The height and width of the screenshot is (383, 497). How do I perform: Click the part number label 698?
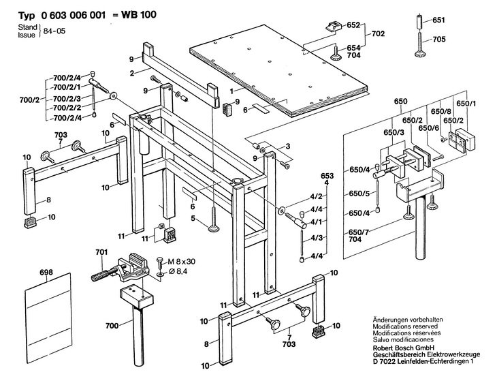click(46, 272)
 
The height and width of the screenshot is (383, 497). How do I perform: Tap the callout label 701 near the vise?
click(101, 252)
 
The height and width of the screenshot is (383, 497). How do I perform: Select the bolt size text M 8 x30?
click(181, 262)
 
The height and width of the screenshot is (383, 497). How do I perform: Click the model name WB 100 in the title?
click(138, 14)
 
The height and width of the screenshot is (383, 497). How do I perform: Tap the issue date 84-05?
click(54, 31)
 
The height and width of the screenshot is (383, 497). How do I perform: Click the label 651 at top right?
click(438, 20)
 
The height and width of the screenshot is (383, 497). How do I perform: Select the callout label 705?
click(439, 40)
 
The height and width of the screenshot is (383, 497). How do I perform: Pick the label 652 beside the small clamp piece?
click(353, 25)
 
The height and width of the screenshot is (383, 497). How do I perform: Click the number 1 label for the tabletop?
click(231, 91)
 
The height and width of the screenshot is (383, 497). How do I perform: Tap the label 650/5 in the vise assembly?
click(359, 194)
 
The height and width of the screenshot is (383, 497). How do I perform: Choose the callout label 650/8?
click(440, 111)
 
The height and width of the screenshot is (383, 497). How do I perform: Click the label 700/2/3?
click(67, 98)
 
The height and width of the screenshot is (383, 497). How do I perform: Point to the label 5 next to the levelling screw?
click(193, 219)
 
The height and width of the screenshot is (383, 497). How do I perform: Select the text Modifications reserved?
click(405, 326)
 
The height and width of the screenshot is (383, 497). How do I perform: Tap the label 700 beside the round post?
click(112, 326)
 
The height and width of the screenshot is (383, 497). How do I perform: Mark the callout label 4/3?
click(317, 238)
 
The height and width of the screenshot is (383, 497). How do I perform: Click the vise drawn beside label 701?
click(122, 271)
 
